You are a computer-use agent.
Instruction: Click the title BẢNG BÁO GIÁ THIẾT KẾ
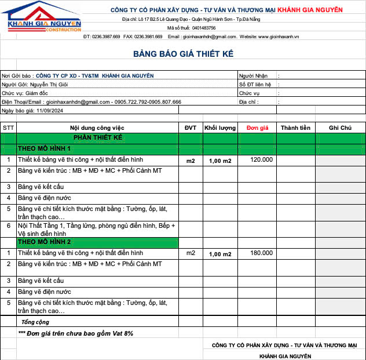[x=183, y=54]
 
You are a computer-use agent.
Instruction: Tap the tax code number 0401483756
[x=204, y=28]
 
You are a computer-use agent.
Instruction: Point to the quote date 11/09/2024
[x=50, y=110]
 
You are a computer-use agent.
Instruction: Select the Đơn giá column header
[x=257, y=128]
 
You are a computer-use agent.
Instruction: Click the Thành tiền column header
[x=295, y=128]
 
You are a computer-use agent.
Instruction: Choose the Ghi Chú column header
[x=340, y=128]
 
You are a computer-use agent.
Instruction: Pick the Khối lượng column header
[x=219, y=128]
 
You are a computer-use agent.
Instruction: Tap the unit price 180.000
[x=261, y=253]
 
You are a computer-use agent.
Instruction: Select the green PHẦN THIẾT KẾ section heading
[x=97, y=138]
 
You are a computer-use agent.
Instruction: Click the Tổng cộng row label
[x=35, y=322]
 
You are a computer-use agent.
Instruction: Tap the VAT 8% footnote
[x=75, y=333]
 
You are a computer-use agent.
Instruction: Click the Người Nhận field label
[x=253, y=75]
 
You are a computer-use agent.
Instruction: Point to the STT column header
[x=8, y=128]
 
